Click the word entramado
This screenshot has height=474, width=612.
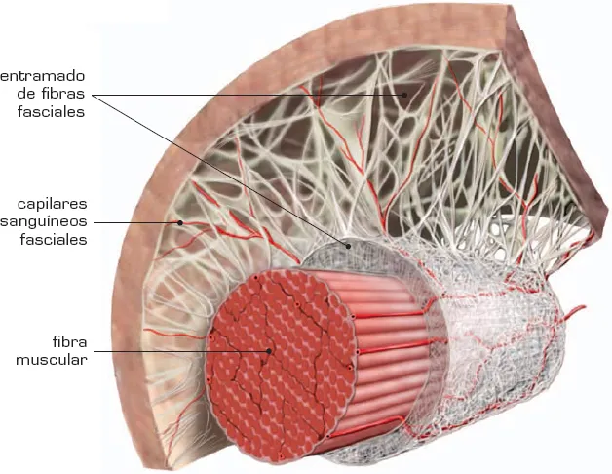[x=43, y=75]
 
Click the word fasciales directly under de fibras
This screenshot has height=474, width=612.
[x=52, y=111]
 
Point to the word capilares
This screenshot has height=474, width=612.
[x=53, y=204]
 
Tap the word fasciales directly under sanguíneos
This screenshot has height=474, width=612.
[x=54, y=239]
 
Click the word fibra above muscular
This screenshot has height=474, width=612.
[x=69, y=342]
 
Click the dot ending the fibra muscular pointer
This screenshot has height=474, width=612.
[x=270, y=350]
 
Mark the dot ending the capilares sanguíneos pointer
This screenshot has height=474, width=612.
[x=178, y=222]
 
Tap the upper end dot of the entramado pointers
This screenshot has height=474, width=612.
[x=406, y=95]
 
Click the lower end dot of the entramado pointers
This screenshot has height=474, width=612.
[x=342, y=239]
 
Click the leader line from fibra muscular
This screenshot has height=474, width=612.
[x=185, y=350]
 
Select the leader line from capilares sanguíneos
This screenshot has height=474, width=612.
[x=136, y=222]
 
